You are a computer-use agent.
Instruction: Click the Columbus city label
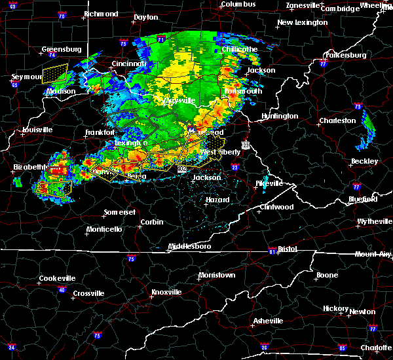237,4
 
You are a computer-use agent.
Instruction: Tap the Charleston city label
337,121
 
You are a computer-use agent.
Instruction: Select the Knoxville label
166,292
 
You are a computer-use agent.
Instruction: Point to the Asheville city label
269,321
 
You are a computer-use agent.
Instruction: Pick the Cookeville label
57,278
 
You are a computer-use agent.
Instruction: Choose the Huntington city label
280,117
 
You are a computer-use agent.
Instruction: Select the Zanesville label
304,6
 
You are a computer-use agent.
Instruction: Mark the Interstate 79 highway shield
358,106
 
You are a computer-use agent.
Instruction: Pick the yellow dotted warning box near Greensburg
55,73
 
